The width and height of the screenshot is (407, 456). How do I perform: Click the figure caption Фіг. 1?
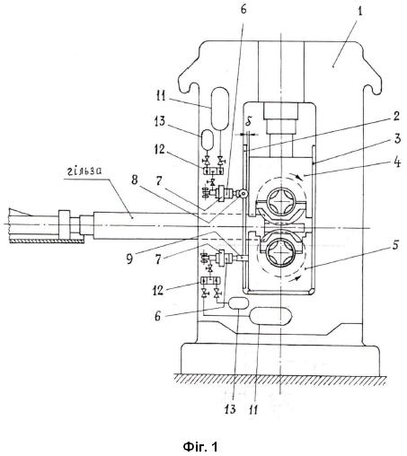coord(200,447)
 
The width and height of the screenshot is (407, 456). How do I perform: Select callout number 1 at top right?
coord(360,13)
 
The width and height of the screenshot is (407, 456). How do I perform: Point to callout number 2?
coord(396,117)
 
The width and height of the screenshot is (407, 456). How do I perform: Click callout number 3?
coord(397,139)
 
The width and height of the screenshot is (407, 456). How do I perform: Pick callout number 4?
coord(397,162)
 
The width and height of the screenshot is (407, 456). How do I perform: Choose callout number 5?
coord(395,245)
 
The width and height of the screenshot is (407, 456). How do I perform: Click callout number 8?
coord(135,180)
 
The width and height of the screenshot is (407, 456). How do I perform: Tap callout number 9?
coord(129,259)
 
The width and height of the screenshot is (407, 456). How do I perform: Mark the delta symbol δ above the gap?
coord(248,123)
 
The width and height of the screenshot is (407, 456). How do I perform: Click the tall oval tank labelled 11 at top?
coord(220,109)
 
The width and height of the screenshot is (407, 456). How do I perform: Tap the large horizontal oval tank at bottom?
coord(270,316)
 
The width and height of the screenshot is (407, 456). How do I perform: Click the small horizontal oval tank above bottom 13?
coord(238,303)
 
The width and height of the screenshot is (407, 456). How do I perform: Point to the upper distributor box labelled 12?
coord(213,171)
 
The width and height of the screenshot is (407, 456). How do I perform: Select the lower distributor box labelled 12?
coord(210,281)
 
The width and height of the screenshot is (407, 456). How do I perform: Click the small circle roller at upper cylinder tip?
coord(243,194)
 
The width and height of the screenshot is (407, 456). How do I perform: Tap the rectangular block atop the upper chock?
coord(280,111)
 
